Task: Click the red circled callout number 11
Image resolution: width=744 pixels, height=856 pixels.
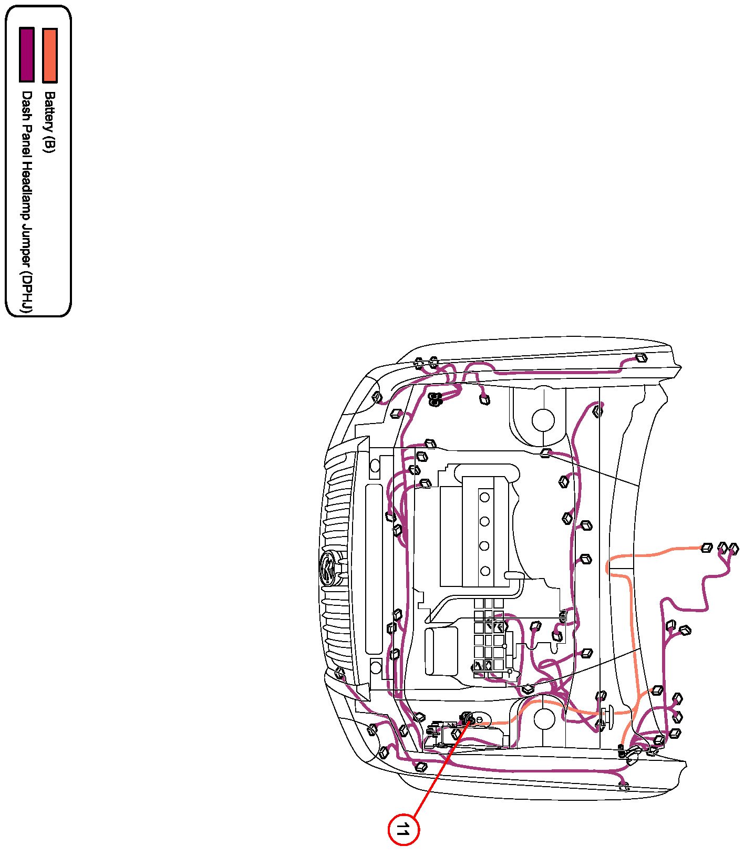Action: click(x=403, y=830)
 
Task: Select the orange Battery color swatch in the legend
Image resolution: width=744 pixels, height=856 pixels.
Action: click(x=50, y=55)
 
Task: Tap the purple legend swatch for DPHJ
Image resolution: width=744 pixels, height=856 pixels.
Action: click(x=27, y=55)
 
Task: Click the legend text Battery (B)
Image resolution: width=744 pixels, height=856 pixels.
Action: click(x=49, y=122)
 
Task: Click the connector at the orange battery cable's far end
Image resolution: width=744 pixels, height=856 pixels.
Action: click(x=707, y=548)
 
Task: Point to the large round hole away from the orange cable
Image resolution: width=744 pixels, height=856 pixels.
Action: click(x=543, y=419)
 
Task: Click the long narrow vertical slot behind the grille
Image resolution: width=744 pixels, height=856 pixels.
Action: click(x=374, y=569)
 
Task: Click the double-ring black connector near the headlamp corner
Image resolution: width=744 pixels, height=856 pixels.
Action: click(x=435, y=399)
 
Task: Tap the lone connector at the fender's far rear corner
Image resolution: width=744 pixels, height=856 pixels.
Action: click(x=641, y=358)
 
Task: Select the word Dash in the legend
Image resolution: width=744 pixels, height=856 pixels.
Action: click(x=26, y=101)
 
